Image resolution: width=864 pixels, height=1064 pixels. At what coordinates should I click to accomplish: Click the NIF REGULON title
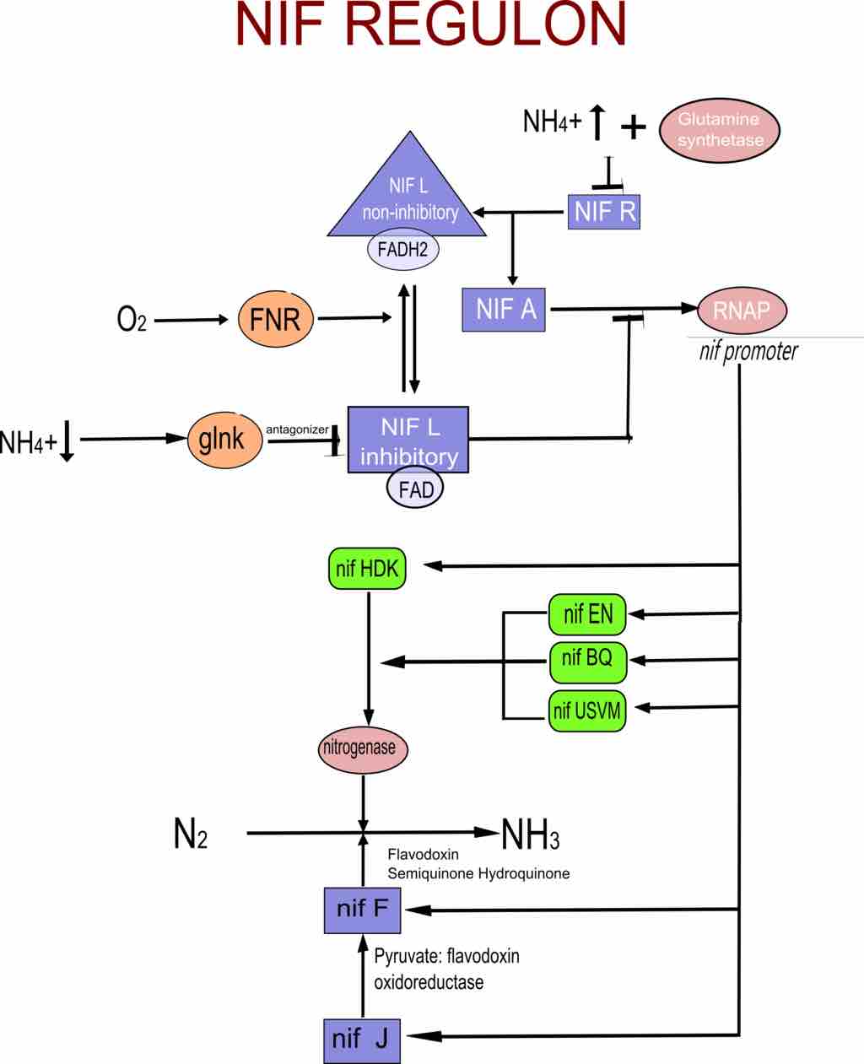pos(431,25)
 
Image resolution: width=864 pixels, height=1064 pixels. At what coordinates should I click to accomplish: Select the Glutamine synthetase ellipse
pos(719,131)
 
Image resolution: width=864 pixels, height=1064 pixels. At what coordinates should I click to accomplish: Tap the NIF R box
pos(604,212)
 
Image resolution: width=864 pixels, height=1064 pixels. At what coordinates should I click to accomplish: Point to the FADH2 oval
pos(403,251)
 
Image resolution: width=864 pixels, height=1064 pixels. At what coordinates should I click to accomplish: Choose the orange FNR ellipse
pos(276,319)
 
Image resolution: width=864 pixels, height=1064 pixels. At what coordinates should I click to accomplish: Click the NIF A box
pos(505,309)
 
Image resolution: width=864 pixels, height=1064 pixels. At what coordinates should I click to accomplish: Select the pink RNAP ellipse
pos(742,310)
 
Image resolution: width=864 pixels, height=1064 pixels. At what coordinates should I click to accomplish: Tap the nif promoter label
pos(748,351)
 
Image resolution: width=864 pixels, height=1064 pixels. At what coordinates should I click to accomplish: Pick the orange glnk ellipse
pos(223,439)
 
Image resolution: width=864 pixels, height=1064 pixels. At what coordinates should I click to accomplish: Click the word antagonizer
pos(297,429)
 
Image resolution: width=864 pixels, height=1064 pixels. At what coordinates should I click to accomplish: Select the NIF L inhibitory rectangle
pos(408,440)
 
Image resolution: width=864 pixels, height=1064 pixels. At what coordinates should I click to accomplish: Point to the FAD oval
pos(415,489)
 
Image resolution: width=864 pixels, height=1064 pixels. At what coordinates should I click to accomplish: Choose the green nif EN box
pos(588,614)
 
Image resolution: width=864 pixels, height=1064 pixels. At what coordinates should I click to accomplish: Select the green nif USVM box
pos(587,710)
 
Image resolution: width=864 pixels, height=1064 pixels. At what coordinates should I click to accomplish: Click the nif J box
pos(361,1040)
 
